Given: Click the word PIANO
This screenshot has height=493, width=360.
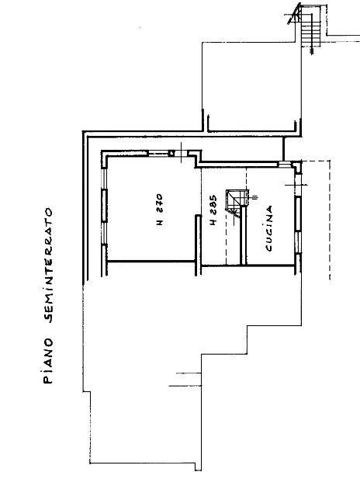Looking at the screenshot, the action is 48,361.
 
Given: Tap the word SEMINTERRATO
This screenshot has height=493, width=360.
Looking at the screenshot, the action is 49,265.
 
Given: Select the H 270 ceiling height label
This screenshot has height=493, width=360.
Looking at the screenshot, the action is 160,210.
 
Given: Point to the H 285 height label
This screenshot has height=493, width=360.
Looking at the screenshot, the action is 213,210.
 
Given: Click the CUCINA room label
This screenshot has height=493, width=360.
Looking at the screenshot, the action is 269,228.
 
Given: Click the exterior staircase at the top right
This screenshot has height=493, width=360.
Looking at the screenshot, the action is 307,26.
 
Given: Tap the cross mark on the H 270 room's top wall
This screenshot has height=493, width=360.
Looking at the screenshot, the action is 182,153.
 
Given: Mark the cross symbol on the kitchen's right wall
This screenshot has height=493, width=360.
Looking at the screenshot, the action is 296,185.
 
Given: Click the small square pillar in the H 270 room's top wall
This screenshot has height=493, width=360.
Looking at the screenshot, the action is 171,154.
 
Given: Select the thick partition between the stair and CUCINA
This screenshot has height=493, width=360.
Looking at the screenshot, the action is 243,235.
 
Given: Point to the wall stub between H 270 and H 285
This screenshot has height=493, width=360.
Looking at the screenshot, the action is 198,245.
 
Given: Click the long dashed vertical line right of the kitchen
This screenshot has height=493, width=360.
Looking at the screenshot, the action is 330,220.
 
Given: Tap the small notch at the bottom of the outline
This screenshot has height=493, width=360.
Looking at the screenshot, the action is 198,467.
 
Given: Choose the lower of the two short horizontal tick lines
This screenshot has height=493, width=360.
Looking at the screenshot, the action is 185,385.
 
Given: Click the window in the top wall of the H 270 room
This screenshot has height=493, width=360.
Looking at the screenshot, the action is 158,154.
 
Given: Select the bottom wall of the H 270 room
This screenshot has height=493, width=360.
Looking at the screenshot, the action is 151,261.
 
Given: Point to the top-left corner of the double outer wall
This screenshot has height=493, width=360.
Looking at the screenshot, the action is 83,131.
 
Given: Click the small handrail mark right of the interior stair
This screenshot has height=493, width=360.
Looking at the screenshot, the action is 254,197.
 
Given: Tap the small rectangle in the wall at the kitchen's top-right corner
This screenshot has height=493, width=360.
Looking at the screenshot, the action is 284,164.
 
